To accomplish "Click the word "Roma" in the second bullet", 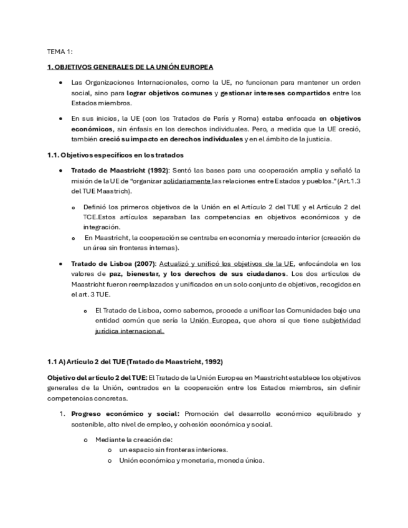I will click(x=247, y=118).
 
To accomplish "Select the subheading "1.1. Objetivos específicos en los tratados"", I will click(x=115, y=154).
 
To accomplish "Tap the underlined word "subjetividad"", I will click(x=341, y=321).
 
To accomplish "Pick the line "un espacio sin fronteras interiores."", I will click(x=173, y=450).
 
